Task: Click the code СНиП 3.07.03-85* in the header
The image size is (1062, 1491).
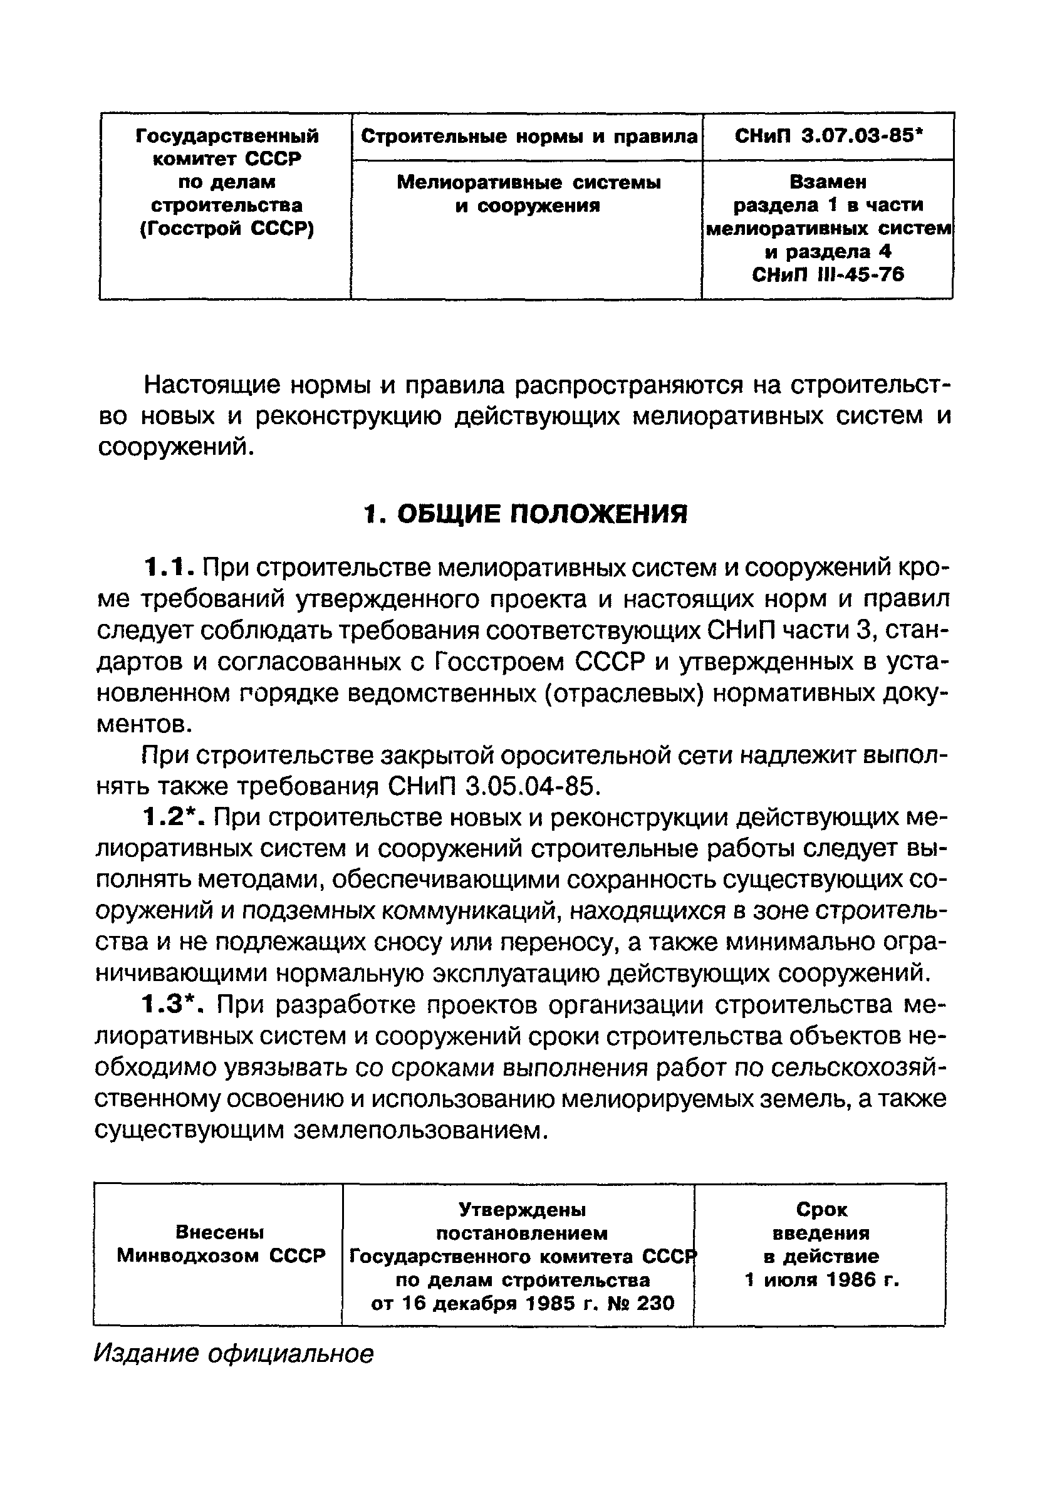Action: click(828, 137)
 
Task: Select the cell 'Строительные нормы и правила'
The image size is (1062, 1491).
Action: click(528, 137)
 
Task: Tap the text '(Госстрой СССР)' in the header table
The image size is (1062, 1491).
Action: click(227, 229)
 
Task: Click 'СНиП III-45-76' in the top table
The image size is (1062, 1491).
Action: click(828, 274)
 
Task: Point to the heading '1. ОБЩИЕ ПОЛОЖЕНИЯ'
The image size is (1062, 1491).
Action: click(525, 514)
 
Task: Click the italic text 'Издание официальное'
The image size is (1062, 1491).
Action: click(234, 1353)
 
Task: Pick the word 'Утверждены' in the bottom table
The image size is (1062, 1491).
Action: click(522, 1209)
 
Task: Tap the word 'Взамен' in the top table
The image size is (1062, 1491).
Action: click(828, 182)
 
